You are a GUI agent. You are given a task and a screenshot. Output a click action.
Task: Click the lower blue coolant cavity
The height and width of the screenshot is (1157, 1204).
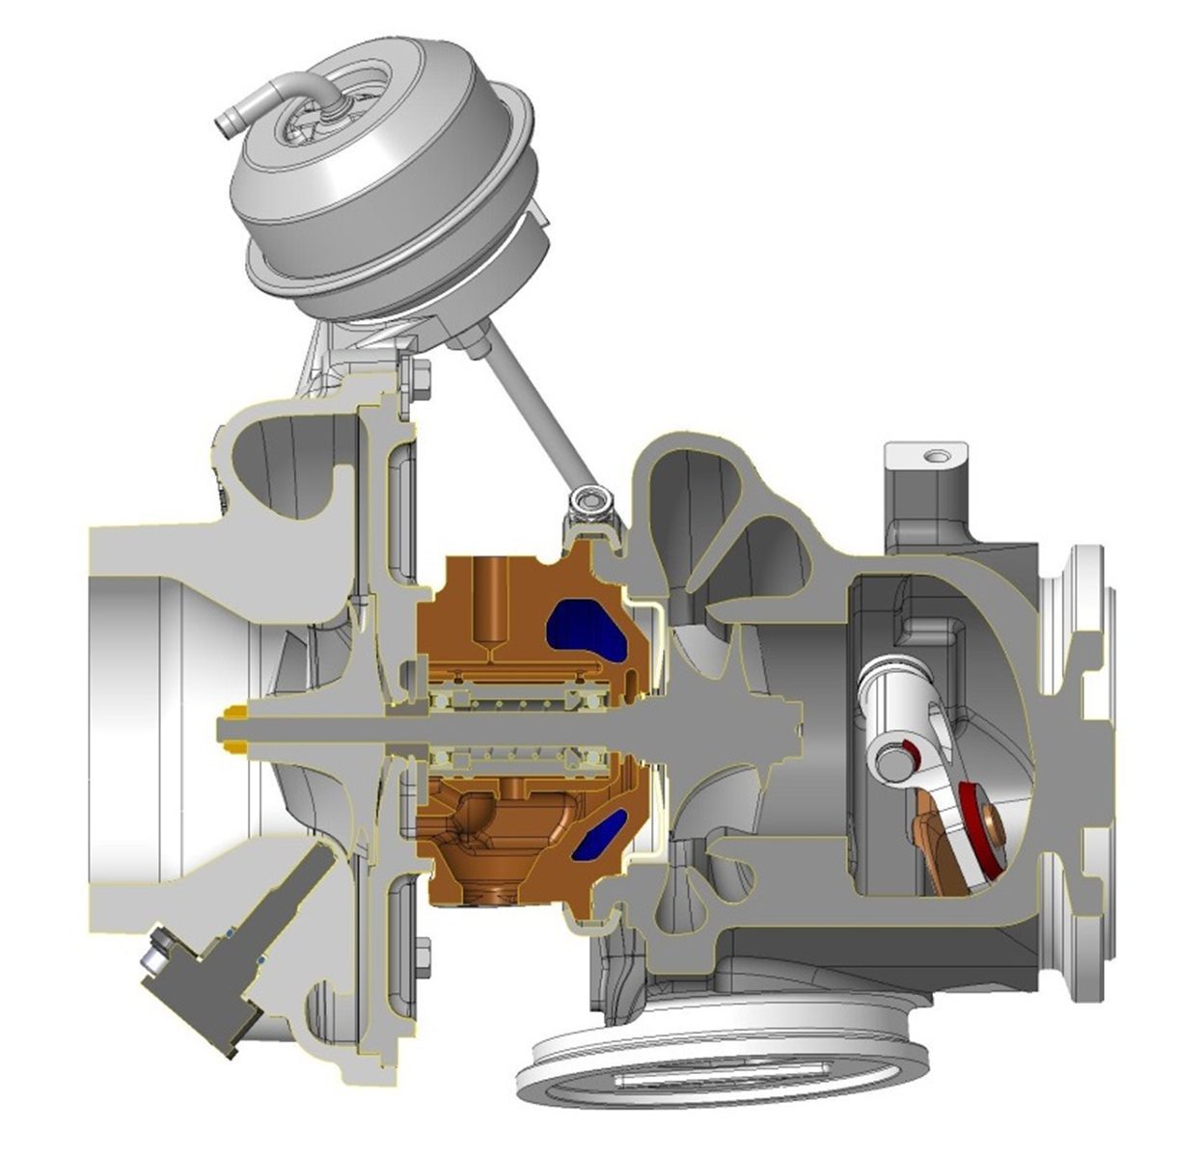[x=601, y=835]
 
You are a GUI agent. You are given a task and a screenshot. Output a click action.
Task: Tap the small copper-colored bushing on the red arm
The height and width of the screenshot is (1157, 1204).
[x=993, y=827]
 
